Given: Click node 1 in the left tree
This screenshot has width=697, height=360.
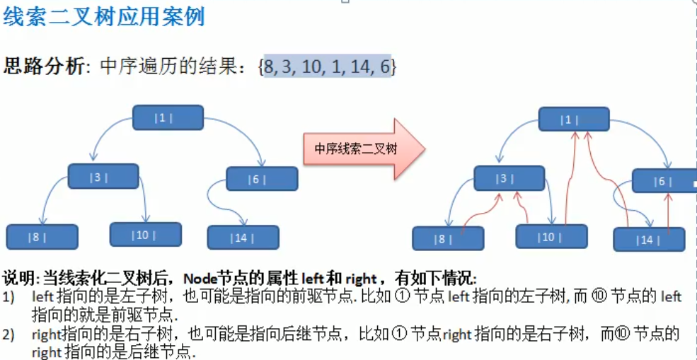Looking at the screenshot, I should pyautogui.click(x=168, y=117).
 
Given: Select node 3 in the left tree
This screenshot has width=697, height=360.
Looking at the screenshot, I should pyautogui.click(x=103, y=176).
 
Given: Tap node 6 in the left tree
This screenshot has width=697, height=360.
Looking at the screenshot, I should pyautogui.click(x=262, y=179).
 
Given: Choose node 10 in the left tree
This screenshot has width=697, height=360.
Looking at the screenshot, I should pyautogui.click(x=145, y=234).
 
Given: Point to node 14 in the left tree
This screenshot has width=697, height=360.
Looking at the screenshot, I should pyautogui.click(x=243, y=237).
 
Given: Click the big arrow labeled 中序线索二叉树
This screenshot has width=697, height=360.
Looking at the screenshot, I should pyautogui.click(x=364, y=149).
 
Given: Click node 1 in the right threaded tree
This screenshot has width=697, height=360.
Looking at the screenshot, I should pyautogui.click(x=573, y=119).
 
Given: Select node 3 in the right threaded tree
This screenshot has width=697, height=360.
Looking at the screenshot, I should pyautogui.click(x=509, y=178).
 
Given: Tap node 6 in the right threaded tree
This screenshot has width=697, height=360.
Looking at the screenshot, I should pyautogui.click(x=664, y=181).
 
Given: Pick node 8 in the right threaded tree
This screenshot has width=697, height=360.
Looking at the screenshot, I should pyautogui.click(x=447, y=238).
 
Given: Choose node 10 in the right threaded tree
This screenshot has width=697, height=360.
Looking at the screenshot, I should pyautogui.click(x=551, y=236).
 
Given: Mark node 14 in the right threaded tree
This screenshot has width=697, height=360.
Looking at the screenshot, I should pyautogui.click(x=648, y=239).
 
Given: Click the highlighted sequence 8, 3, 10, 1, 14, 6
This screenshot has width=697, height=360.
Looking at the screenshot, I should pyautogui.click(x=327, y=67).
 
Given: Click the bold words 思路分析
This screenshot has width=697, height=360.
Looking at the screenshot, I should pyautogui.click(x=44, y=67).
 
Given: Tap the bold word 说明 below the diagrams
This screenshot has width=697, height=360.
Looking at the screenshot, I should pyautogui.click(x=18, y=277).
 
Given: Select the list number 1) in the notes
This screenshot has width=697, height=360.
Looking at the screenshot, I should pyautogui.click(x=9, y=297).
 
